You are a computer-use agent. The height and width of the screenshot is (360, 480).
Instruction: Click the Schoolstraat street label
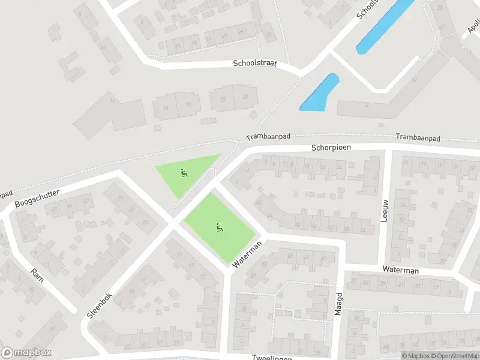pos(255,63)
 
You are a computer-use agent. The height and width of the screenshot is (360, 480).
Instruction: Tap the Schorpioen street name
pos(331,147)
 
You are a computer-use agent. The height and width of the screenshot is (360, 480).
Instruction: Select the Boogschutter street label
pos(38,195)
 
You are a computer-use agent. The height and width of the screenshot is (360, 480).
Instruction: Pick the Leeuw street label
pos(385,210)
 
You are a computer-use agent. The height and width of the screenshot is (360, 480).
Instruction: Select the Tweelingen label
pos(272,358)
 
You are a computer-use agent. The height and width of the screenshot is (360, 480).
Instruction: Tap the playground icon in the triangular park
pos(184,173)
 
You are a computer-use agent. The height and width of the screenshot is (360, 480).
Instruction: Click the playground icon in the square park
pos(219,227)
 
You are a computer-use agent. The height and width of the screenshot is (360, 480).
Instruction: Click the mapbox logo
pos(26,352)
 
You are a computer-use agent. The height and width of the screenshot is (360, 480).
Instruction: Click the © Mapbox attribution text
pos(416,356)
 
